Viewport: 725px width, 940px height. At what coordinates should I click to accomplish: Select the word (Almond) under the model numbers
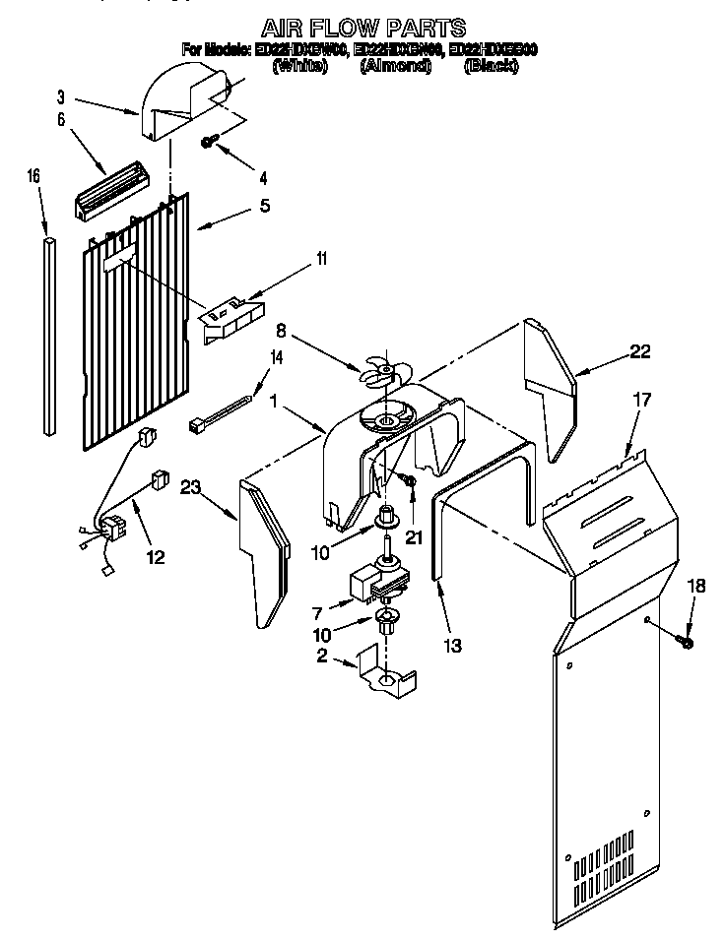click(396, 66)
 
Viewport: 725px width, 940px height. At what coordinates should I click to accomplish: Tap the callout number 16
click(33, 176)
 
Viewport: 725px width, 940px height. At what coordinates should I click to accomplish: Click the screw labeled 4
click(209, 142)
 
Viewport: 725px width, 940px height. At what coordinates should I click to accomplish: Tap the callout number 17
click(641, 401)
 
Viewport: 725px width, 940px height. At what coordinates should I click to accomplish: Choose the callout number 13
click(452, 646)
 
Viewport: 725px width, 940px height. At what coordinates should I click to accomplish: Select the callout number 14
click(275, 358)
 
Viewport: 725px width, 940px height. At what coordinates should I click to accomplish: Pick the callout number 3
click(60, 96)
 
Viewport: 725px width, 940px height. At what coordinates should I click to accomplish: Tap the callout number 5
click(263, 206)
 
